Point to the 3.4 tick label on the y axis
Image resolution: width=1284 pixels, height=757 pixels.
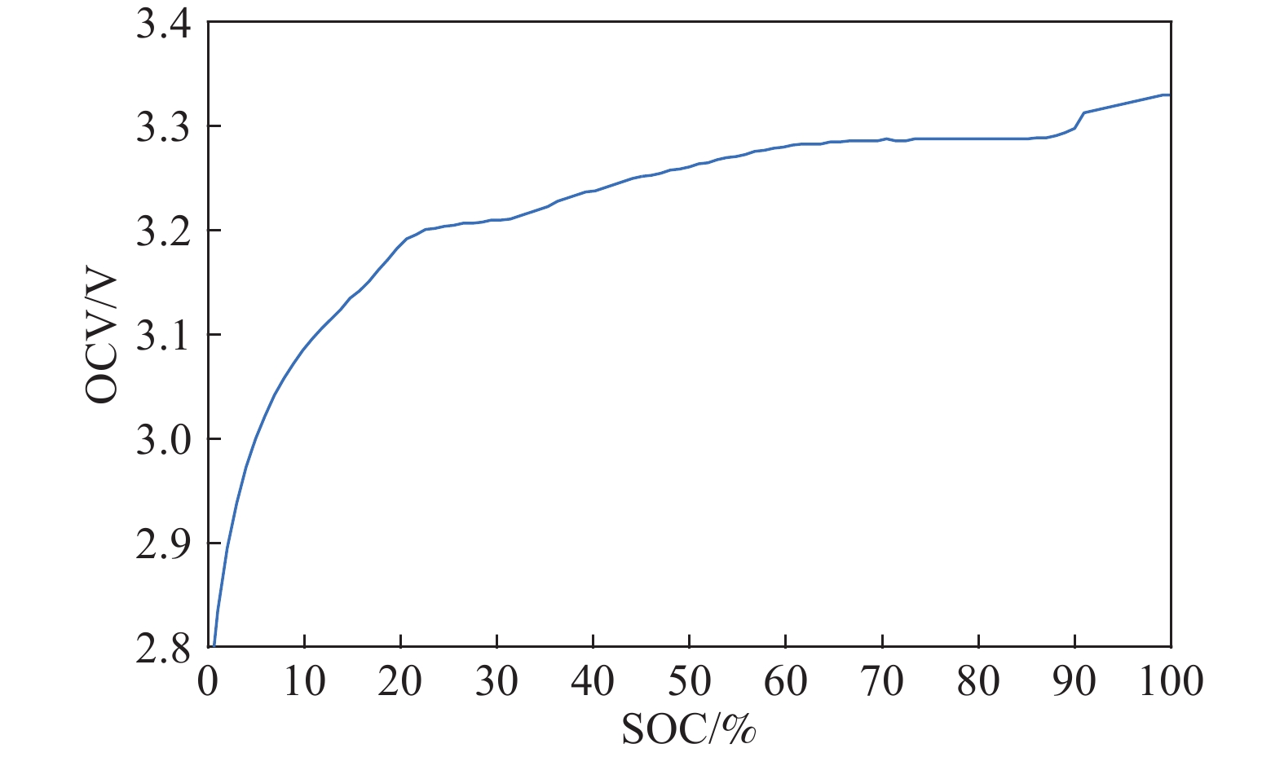coord(163,24)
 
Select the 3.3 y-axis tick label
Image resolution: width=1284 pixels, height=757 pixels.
coord(163,128)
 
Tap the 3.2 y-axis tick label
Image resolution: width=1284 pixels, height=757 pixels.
coord(163,232)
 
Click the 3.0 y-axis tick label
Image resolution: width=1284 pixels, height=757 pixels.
coord(163,441)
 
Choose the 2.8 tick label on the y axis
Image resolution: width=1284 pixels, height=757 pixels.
coord(163,646)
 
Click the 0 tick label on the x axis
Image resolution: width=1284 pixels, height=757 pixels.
coord(209,681)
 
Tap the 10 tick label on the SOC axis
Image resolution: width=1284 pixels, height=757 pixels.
coord(304,681)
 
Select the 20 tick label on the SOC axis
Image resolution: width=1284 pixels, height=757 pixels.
coord(400,681)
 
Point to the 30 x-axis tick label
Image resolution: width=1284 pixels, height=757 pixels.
coord(496,681)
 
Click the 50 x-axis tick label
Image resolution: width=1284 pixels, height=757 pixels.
coord(689,681)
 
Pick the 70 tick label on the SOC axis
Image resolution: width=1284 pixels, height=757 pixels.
coord(882,681)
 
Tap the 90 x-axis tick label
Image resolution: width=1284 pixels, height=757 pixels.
coord(1074,681)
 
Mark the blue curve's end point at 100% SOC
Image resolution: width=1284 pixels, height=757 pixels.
coord(1170,95)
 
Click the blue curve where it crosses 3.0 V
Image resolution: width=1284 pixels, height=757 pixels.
coord(256,438)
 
